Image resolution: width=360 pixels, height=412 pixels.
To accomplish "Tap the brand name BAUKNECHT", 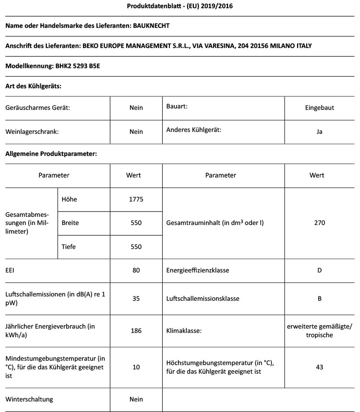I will [151, 25].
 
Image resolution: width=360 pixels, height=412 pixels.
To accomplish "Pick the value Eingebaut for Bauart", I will [319, 107].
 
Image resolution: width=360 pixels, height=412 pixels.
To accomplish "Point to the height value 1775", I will [136, 199].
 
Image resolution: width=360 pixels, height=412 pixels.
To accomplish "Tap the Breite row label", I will [71, 223].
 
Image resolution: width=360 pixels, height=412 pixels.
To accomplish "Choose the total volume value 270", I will [319, 223].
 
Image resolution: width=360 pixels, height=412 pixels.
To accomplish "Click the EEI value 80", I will [136, 271].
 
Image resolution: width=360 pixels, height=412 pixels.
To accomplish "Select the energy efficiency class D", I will [319, 271].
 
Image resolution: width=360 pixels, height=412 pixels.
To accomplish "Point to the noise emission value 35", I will [136, 298].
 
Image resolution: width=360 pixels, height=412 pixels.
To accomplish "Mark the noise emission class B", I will [319, 298].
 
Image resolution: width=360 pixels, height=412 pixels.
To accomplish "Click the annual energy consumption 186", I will [136, 331].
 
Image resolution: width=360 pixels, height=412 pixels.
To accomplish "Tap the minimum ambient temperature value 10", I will [136, 367].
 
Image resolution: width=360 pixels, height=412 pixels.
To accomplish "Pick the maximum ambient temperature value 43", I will [319, 367].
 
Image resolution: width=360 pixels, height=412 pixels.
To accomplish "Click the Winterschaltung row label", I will [29, 399].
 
